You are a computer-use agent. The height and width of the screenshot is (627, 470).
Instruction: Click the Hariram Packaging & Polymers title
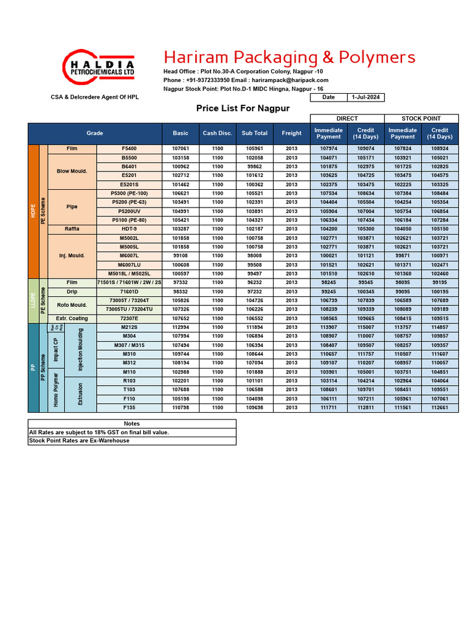(289, 58)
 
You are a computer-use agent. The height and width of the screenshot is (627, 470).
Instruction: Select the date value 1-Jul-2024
(366, 97)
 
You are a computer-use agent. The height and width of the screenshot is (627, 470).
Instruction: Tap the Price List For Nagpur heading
(242, 109)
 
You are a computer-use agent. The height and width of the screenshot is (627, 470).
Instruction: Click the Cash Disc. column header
(217, 133)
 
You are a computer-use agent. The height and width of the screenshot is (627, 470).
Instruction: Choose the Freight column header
(291, 133)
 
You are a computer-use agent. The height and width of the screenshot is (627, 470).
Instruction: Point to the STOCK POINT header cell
(421, 118)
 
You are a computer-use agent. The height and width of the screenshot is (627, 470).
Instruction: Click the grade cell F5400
(129, 149)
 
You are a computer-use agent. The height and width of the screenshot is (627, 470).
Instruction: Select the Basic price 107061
(181, 149)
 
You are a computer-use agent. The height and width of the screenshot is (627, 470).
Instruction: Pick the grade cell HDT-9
(129, 229)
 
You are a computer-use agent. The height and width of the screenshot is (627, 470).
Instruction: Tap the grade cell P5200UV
(129, 211)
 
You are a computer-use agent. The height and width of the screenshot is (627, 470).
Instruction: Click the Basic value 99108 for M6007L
(181, 256)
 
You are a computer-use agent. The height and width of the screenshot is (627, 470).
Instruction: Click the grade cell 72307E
(129, 318)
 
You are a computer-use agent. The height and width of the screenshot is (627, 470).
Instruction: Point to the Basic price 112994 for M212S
(181, 327)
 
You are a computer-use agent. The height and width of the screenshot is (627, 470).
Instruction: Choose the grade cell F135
(129, 407)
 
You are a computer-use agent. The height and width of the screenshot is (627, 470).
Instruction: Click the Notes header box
(132, 424)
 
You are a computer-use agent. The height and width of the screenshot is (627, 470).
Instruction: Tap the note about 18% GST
(99, 432)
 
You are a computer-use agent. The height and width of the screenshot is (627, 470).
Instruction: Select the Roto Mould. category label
(72, 305)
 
